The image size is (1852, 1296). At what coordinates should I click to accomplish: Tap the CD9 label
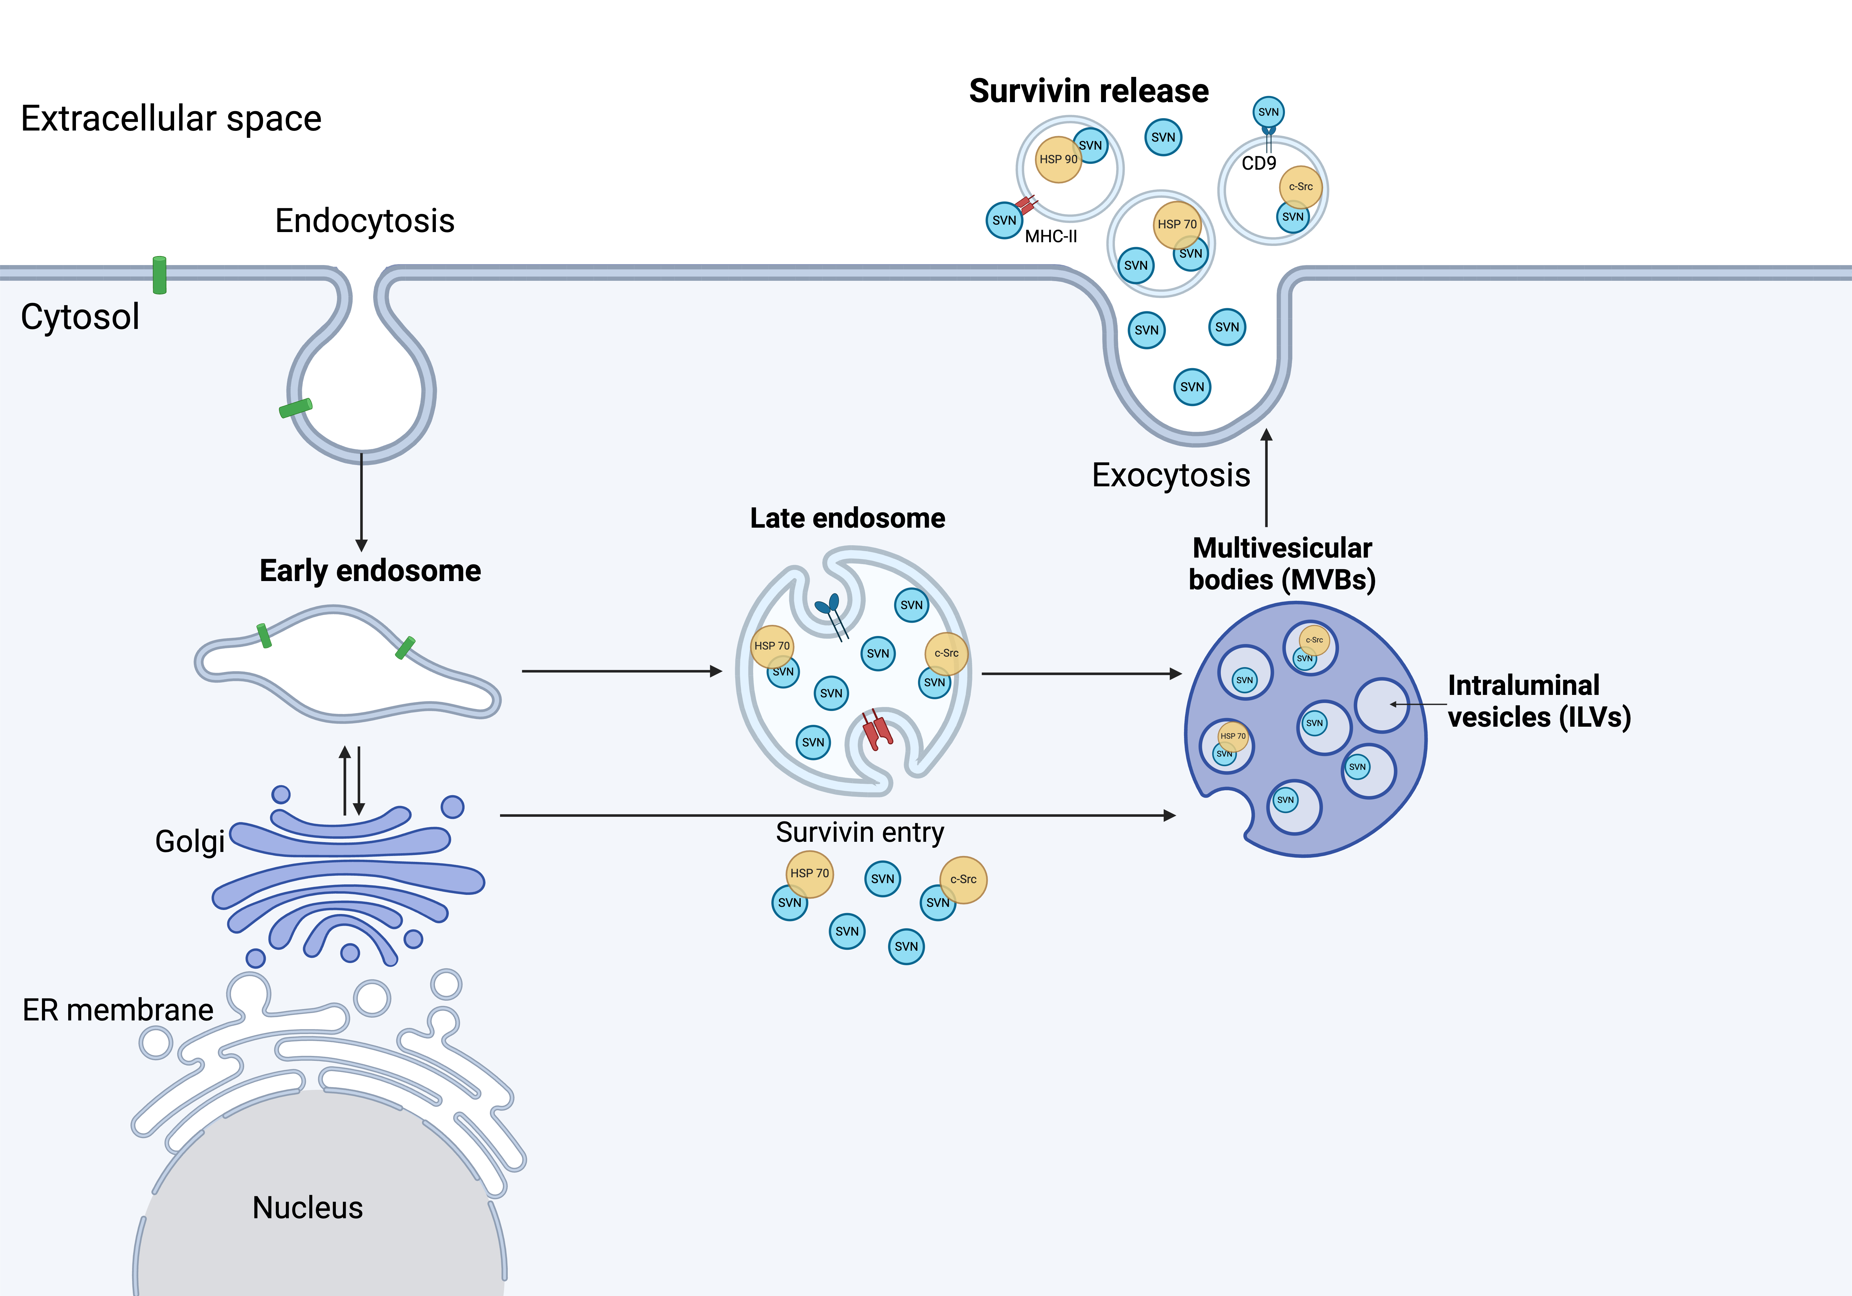[x=1258, y=164]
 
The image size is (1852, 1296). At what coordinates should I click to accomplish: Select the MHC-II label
[x=1050, y=236]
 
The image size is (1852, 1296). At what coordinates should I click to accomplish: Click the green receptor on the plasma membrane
[x=160, y=275]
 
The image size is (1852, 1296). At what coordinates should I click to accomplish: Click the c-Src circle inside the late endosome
[x=946, y=653]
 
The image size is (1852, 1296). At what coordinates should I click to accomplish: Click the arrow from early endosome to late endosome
[x=621, y=671]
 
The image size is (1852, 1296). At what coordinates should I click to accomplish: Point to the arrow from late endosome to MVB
[x=1081, y=673]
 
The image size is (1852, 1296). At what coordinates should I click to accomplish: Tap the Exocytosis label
[x=1170, y=475]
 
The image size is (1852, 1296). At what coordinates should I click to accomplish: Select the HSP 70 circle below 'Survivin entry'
[x=809, y=873]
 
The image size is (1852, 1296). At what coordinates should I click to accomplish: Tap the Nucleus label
[x=307, y=1207]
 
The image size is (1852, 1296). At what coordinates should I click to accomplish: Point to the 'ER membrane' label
[x=118, y=1010]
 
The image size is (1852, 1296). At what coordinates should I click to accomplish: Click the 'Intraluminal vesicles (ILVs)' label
[x=1538, y=701]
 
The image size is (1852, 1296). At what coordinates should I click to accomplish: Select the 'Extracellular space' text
[x=171, y=118]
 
